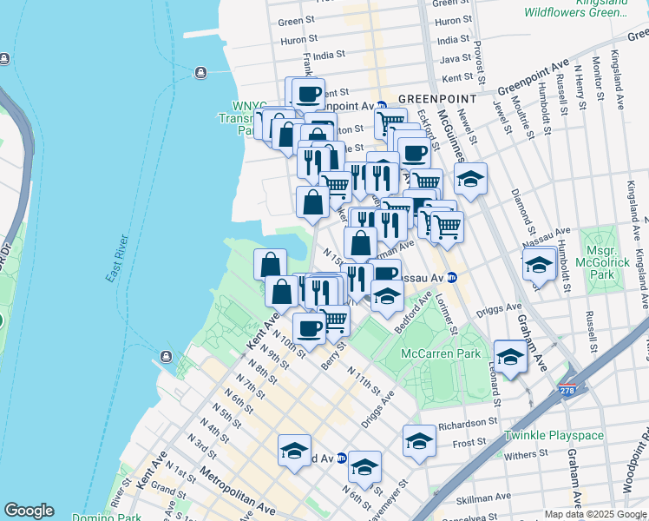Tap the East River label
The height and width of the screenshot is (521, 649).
coord(116,258)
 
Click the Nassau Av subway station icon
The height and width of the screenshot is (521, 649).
coord(463,278)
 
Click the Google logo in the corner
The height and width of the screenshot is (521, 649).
coord(29,511)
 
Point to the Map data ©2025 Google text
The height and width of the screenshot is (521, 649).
coord(596,514)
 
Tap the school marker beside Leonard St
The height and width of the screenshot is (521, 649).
coord(510,356)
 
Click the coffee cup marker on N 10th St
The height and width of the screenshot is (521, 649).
coord(309,327)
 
